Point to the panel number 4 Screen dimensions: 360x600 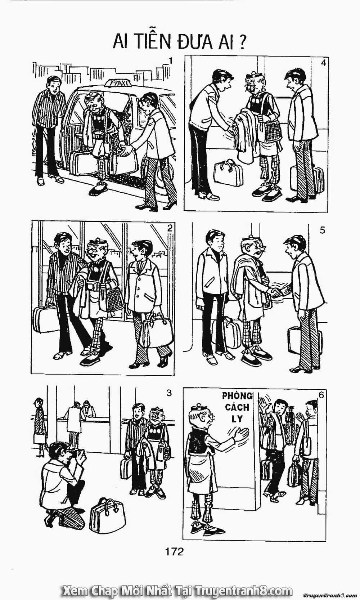323,63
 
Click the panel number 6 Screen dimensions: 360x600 321,395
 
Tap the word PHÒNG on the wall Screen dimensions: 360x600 237,396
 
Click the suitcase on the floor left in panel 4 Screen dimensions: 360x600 228,173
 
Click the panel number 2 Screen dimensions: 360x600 170,228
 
